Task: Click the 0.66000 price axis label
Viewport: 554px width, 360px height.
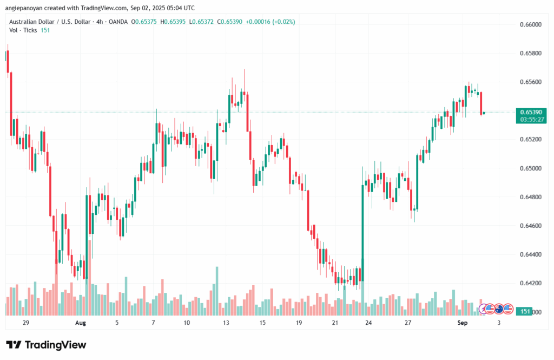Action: point(531,25)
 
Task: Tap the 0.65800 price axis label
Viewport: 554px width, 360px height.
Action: point(531,54)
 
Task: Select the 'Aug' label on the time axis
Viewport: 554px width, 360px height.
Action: point(80,323)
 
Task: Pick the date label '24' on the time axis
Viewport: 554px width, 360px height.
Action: point(368,323)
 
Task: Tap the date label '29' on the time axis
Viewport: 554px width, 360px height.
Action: point(26,323)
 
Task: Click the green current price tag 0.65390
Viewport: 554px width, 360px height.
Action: point(530,112)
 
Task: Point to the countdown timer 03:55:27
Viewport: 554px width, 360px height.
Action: point(530,119)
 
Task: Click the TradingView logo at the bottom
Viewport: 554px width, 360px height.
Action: point(46,345)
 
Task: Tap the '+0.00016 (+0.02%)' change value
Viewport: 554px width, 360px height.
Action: point(271,22)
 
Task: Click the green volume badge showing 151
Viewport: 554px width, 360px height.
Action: point(524,311)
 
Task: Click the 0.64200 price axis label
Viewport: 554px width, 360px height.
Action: point(531,283)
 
